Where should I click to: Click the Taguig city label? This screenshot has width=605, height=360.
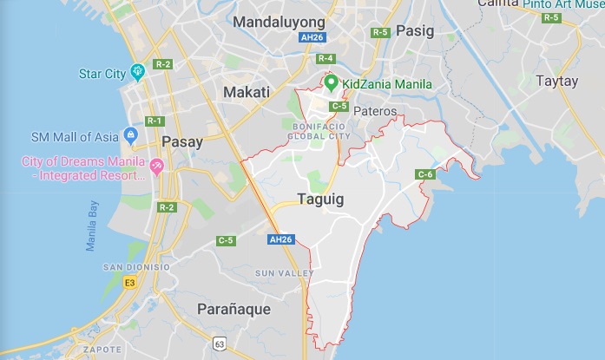pos(320,199)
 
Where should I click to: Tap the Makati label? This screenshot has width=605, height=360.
pos(247,92)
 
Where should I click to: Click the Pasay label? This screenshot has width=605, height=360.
pos(182,141)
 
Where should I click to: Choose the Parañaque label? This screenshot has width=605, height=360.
pos(233,308)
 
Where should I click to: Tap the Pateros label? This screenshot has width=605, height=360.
pos(375,111)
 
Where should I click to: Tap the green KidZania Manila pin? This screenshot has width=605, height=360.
pos(331,83)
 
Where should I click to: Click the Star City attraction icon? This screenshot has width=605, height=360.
pos(137,71)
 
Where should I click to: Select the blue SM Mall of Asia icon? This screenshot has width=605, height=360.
pos(131,134)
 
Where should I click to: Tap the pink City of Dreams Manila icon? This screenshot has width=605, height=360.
pos(157,166)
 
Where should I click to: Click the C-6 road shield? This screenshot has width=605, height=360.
pos(425,174)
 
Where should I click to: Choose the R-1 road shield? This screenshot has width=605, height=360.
pos(155,121)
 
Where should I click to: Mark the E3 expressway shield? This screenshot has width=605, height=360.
pos(130,282)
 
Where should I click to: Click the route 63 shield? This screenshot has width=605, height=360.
pos(220,341)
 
